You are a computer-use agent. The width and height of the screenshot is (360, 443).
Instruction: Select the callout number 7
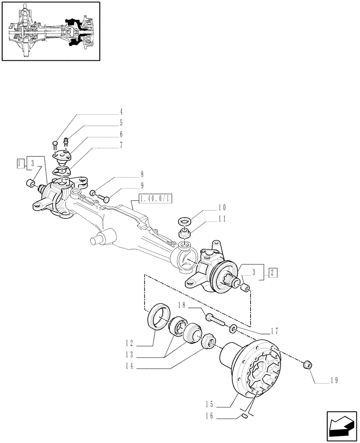coord(121,145)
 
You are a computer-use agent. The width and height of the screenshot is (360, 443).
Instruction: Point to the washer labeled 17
coord(233,329)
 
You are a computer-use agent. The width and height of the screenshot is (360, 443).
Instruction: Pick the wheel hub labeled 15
coord(253,368)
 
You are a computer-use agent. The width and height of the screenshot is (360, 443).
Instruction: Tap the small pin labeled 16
coord(245,416)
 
